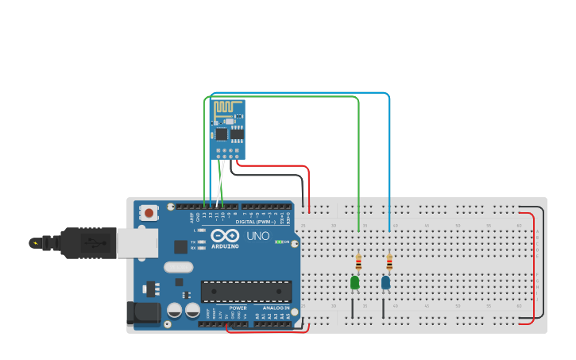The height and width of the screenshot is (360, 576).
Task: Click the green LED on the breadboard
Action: click(354, 282)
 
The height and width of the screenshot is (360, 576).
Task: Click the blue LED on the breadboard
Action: click(385, 282)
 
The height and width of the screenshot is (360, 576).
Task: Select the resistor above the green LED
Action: click(358, 262)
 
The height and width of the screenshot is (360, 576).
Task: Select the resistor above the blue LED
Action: click(389, 262)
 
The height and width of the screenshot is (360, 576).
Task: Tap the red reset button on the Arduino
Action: click(149, 213)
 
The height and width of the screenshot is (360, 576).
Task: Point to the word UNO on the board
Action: click(258, 236)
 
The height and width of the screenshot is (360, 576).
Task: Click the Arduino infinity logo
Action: click(225, 236)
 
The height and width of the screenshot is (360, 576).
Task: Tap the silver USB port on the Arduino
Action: click(137, 243)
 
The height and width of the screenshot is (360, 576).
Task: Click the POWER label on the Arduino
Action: click(238, 308)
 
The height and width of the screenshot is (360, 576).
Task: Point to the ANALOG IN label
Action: click(276, 308)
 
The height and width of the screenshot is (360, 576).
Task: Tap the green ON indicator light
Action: click(279, 242)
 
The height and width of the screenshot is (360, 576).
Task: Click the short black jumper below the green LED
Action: click(353, 308)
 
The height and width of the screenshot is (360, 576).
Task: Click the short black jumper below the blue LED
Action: click(384, 308)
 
